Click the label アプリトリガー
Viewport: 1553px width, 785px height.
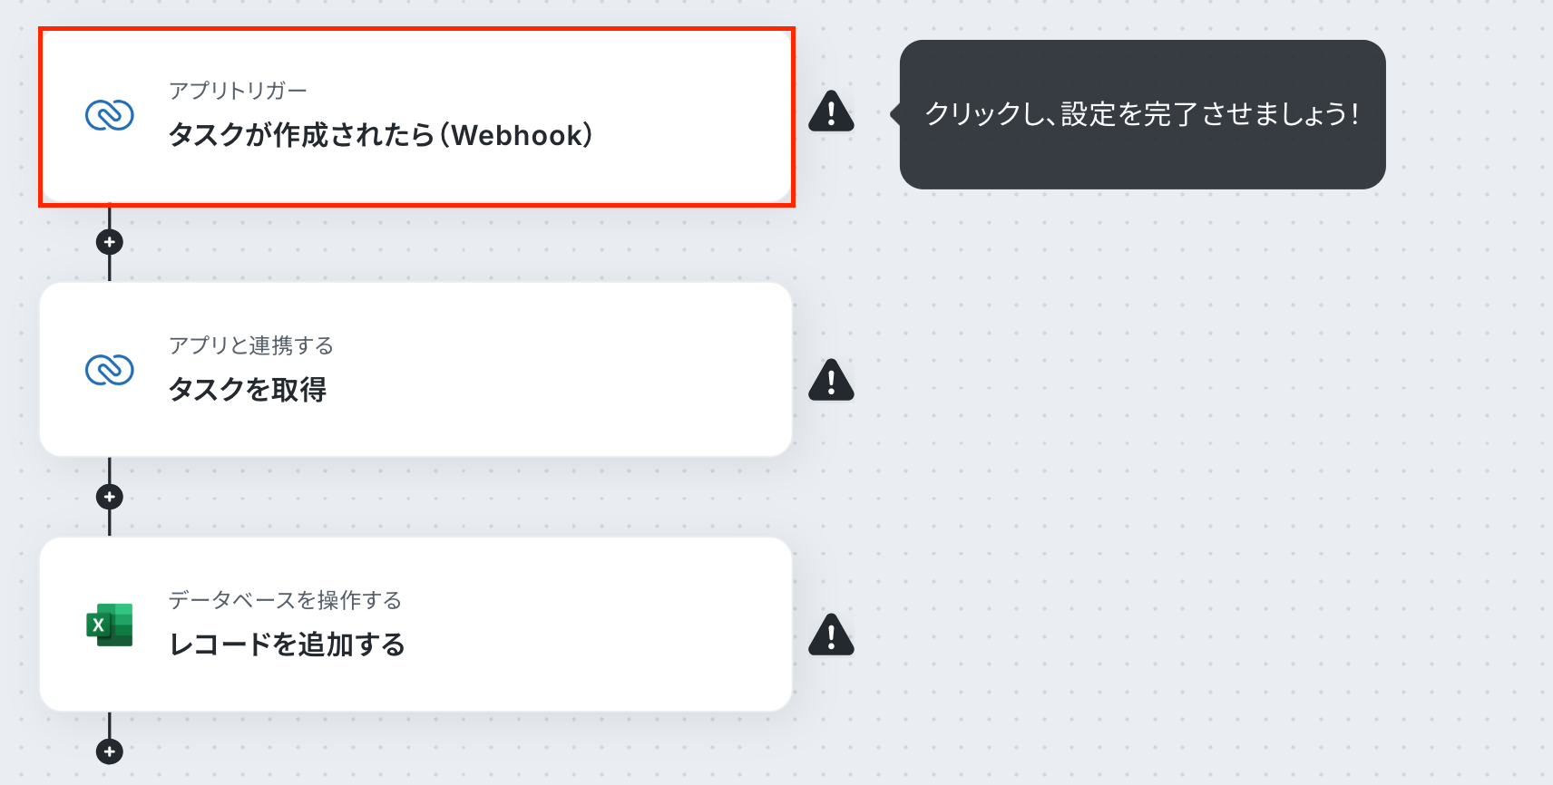point(238,91)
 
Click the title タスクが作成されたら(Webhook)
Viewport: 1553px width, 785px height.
point(381,135)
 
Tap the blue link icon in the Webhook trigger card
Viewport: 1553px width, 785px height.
point(110,115)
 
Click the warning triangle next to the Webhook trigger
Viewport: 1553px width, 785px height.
point(831,111)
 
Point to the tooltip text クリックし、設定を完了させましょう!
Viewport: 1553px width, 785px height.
point(1142,114)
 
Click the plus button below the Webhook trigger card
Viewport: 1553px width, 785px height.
point(110,243)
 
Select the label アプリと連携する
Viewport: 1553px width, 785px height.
point(251,345)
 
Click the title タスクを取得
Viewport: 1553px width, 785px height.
point(248,390)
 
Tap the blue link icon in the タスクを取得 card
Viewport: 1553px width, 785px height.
point(110,369)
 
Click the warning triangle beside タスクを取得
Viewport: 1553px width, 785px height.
point(831,380)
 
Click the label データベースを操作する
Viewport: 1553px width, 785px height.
point(285,600)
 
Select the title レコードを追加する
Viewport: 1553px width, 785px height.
point(287,644)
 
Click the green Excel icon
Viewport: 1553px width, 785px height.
point(110,625)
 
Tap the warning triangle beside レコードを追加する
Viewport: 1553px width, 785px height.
point(831,634)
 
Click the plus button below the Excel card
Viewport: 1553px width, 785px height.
point(110,751)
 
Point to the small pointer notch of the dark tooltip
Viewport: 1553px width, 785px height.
point(895,114)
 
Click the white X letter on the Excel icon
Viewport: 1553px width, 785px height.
point(98,625)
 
